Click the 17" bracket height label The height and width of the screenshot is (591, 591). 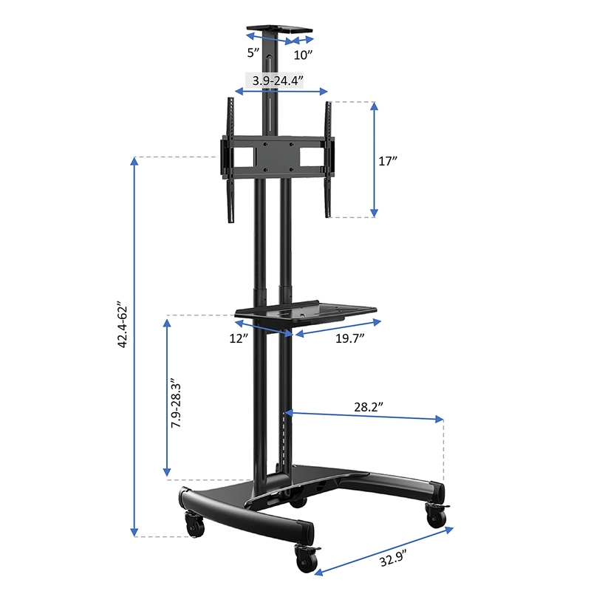[x=389, y=162]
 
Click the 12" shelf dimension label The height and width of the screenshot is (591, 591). [x=238, y=338]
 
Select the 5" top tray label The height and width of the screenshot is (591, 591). [x=254, y=52]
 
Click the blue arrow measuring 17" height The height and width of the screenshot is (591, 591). [x=375, y=160]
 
